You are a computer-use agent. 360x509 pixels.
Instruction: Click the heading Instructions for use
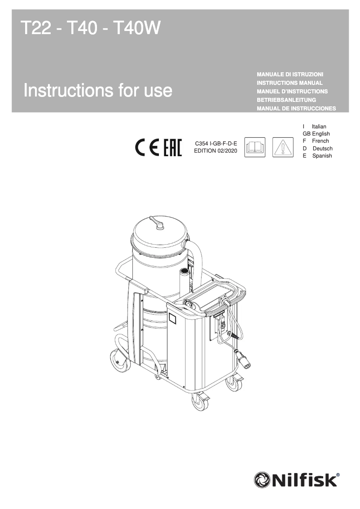tap(98, 90)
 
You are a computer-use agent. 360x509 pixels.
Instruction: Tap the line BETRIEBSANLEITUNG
tap(286, 100)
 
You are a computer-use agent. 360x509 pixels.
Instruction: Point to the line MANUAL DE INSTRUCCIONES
tap(296, 109)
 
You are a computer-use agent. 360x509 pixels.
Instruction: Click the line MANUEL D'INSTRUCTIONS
tap(292, 92)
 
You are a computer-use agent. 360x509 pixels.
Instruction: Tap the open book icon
tap(255, 148)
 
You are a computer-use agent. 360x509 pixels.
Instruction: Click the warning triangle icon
tap(283, 148)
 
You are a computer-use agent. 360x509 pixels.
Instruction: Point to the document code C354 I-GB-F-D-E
tap(215, 144)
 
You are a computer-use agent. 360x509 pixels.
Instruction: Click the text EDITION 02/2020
tap(215, 151)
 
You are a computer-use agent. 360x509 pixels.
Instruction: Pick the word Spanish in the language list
tap(322, 156)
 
